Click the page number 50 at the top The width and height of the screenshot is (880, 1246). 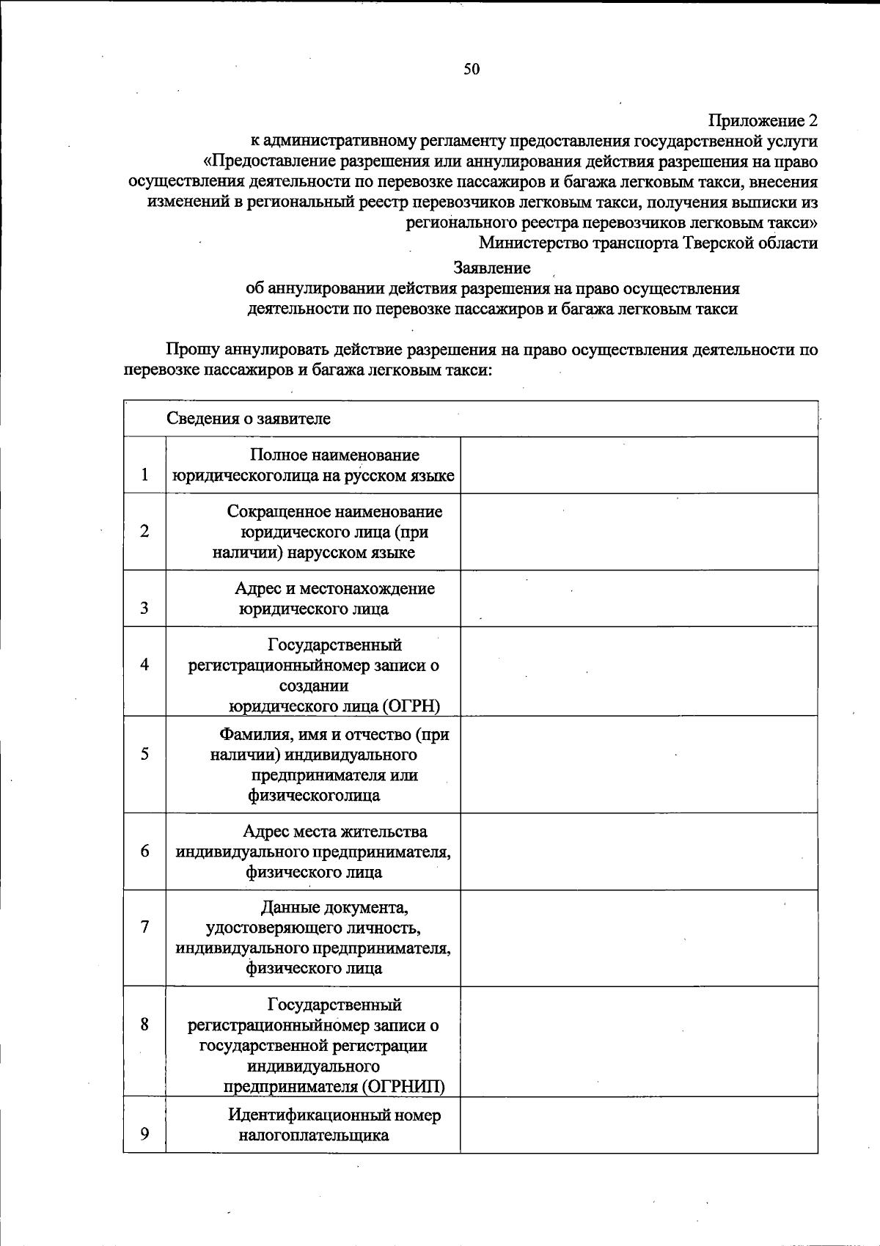tap(472, 69)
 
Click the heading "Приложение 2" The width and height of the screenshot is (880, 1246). tap(763, 120)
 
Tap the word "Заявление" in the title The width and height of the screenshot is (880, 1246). tap(492, 268)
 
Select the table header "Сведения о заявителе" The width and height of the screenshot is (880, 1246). tap(249, 419)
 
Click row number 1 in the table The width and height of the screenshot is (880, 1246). tap(145, 474)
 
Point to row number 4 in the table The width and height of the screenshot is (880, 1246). tap(145, 664)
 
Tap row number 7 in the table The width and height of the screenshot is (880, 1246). tap(145, 927)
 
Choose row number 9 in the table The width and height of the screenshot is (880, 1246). tap(145, 1134)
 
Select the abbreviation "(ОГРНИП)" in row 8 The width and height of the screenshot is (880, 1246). tap(406, 1086)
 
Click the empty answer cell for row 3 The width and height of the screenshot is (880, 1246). tap(638, 598)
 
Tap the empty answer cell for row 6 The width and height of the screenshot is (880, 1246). tap(638, 851)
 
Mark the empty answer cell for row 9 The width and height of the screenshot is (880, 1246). tap(638, 1125)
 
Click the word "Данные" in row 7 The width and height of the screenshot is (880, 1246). tap(287, 908)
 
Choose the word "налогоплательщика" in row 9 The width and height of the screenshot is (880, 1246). tap(313, 1136)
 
